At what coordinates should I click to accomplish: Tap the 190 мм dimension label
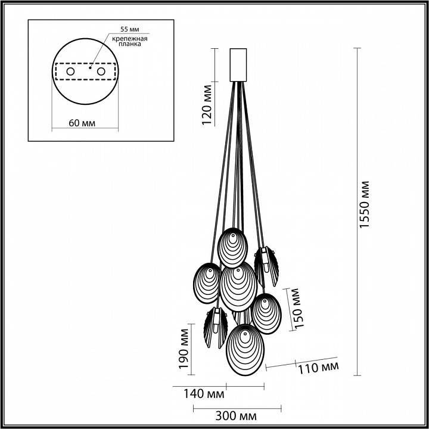[x=184, y=350]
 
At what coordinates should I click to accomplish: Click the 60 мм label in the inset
[x=82, y=123]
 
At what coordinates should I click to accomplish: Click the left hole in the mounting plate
[x=70, y=71]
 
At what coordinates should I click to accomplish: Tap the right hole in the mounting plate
[x=101, y=71]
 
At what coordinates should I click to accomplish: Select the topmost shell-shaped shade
[x=232, y=247]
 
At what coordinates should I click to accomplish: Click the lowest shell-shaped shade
[x=244, y=348]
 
